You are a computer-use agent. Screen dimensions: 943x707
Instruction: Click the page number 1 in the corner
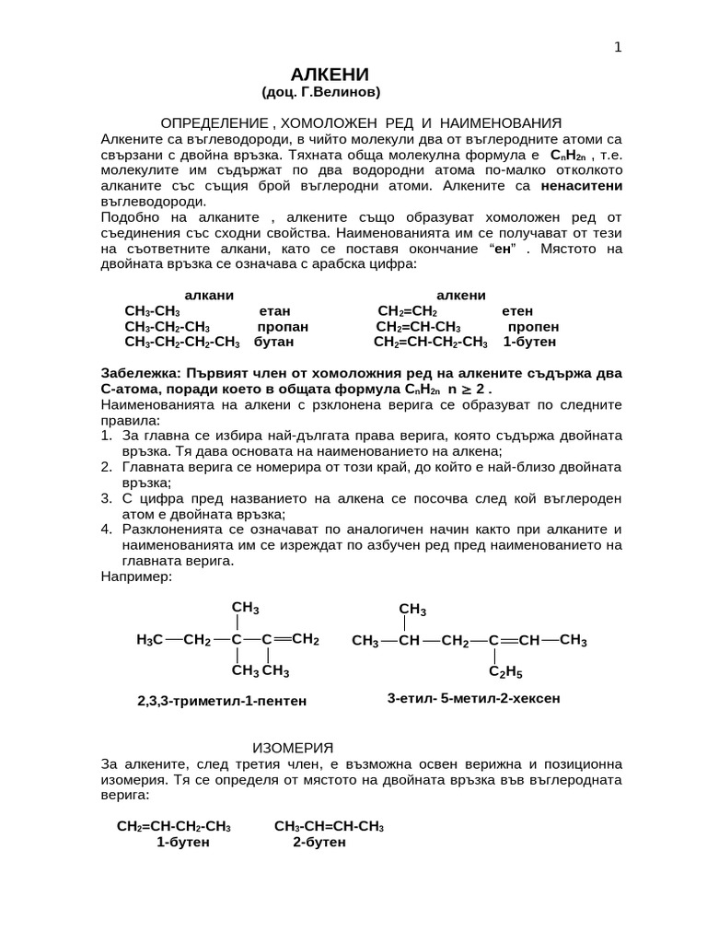(x=618, y=48)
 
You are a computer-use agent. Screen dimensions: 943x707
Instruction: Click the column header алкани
(x=209, y=295)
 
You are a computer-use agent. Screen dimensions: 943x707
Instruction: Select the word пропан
(x=283, y=327)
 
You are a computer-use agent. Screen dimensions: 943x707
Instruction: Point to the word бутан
(x=273, y=343)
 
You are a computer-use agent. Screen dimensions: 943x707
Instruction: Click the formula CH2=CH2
(x=407, y=311)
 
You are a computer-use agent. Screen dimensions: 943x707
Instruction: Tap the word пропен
(x=533, y=327)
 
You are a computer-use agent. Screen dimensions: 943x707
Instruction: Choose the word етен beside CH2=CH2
(x=517, y=311)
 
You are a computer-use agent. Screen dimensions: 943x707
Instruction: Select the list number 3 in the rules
(x=106, y=497)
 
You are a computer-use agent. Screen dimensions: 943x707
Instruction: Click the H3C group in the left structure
(x=149, y=640)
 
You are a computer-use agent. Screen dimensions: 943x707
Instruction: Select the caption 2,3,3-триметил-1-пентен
(x=221, y=702)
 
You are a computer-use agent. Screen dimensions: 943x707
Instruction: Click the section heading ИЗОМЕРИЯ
(x=292, y=746)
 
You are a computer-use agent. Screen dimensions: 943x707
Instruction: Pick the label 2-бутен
(x=319, y=843)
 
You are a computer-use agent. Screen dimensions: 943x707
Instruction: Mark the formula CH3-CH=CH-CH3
(x=329, y=827)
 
